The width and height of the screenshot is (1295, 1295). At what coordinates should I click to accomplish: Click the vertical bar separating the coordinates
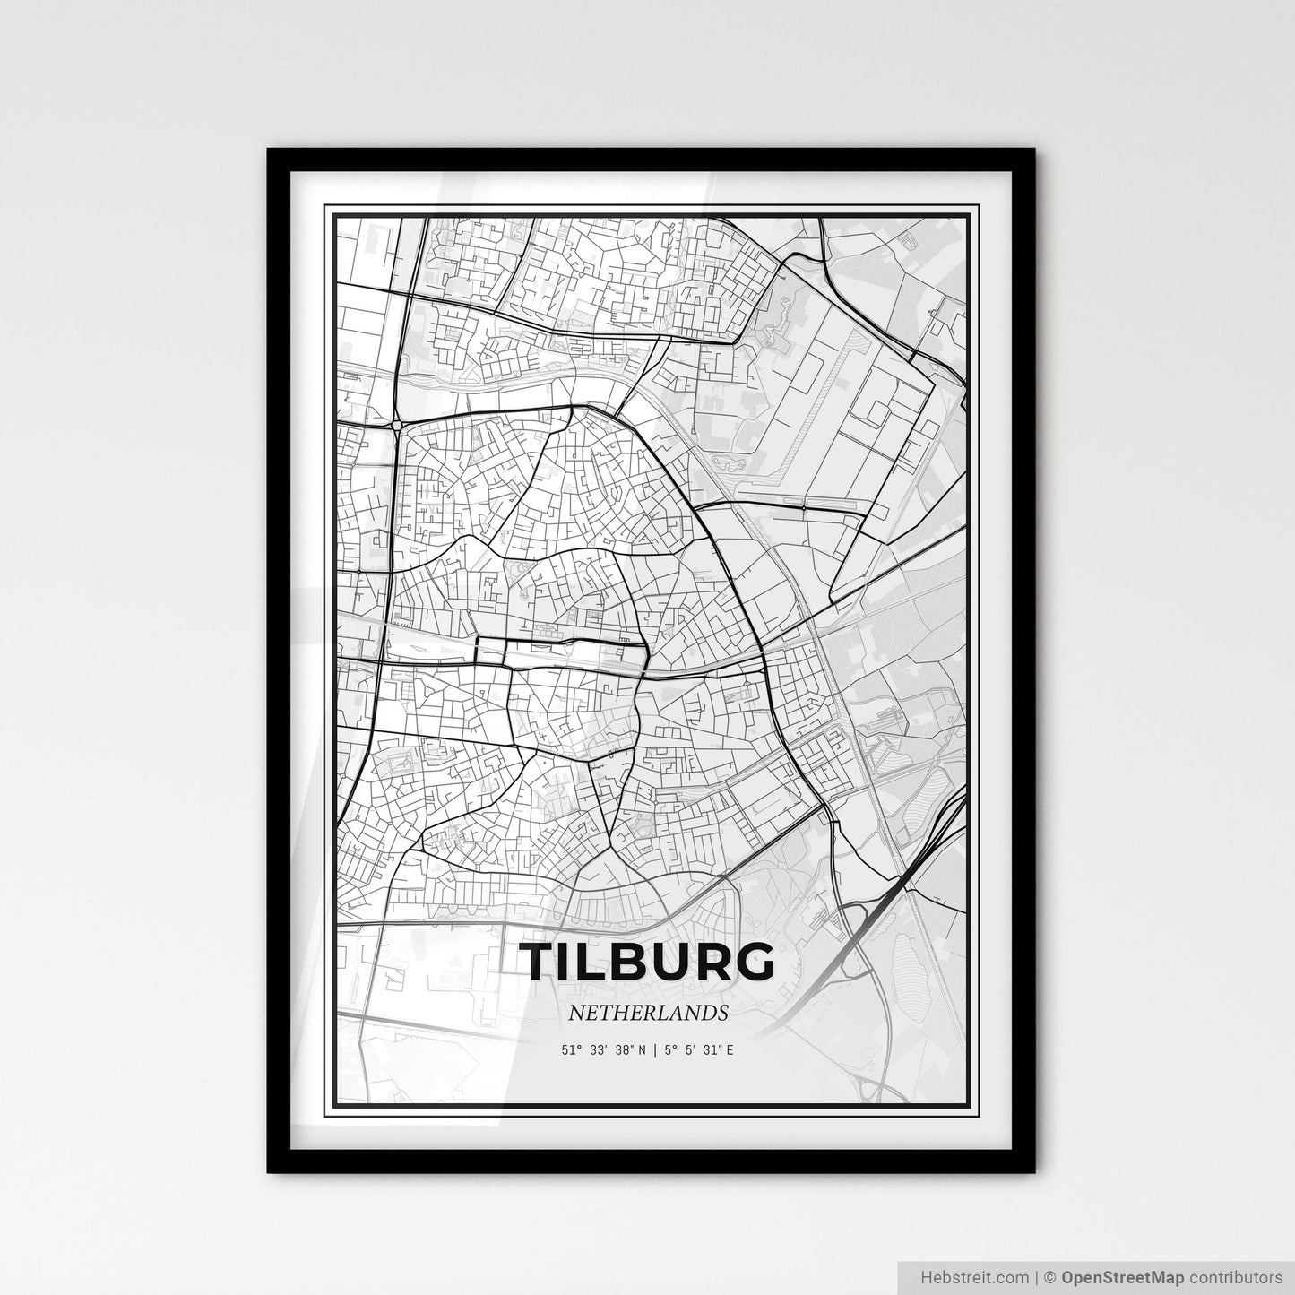[x=656, y=1049]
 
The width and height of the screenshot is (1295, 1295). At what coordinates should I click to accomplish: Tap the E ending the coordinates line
[x=730, y=1049]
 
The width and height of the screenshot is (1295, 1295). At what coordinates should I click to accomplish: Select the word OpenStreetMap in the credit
[x=1111, y=1276]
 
